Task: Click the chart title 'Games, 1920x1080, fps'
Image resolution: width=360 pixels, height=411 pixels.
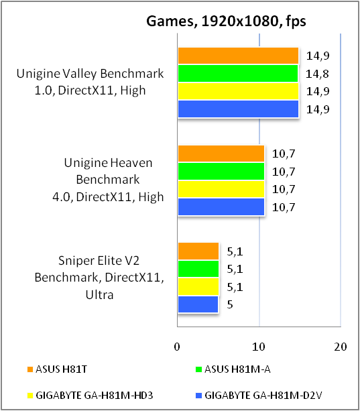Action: tap(226, 22)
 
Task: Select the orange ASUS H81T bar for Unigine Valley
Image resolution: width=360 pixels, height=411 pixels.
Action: tap(238, 56)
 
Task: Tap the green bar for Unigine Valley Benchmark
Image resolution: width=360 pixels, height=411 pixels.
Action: tap(237, 73)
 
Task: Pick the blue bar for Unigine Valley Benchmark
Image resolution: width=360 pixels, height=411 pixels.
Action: tap(238, 109)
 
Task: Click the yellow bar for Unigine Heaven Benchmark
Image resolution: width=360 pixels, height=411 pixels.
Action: tap(221, 189)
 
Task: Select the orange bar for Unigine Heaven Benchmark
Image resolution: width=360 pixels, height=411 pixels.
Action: tap(221, 154)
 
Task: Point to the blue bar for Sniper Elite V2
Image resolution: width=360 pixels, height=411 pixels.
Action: tap(198, 304)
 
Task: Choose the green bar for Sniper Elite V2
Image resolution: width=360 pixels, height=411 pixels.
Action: tap(198, 269)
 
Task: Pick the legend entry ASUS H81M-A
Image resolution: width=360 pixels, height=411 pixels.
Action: tap(229, 367)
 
